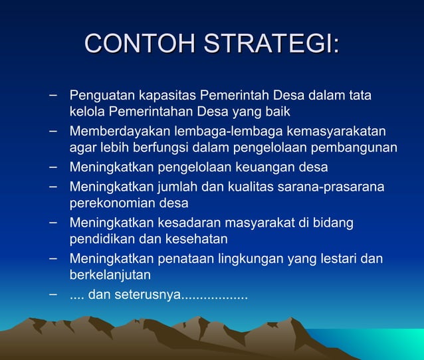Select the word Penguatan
98,96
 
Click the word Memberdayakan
112,132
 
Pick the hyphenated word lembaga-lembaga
203,132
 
